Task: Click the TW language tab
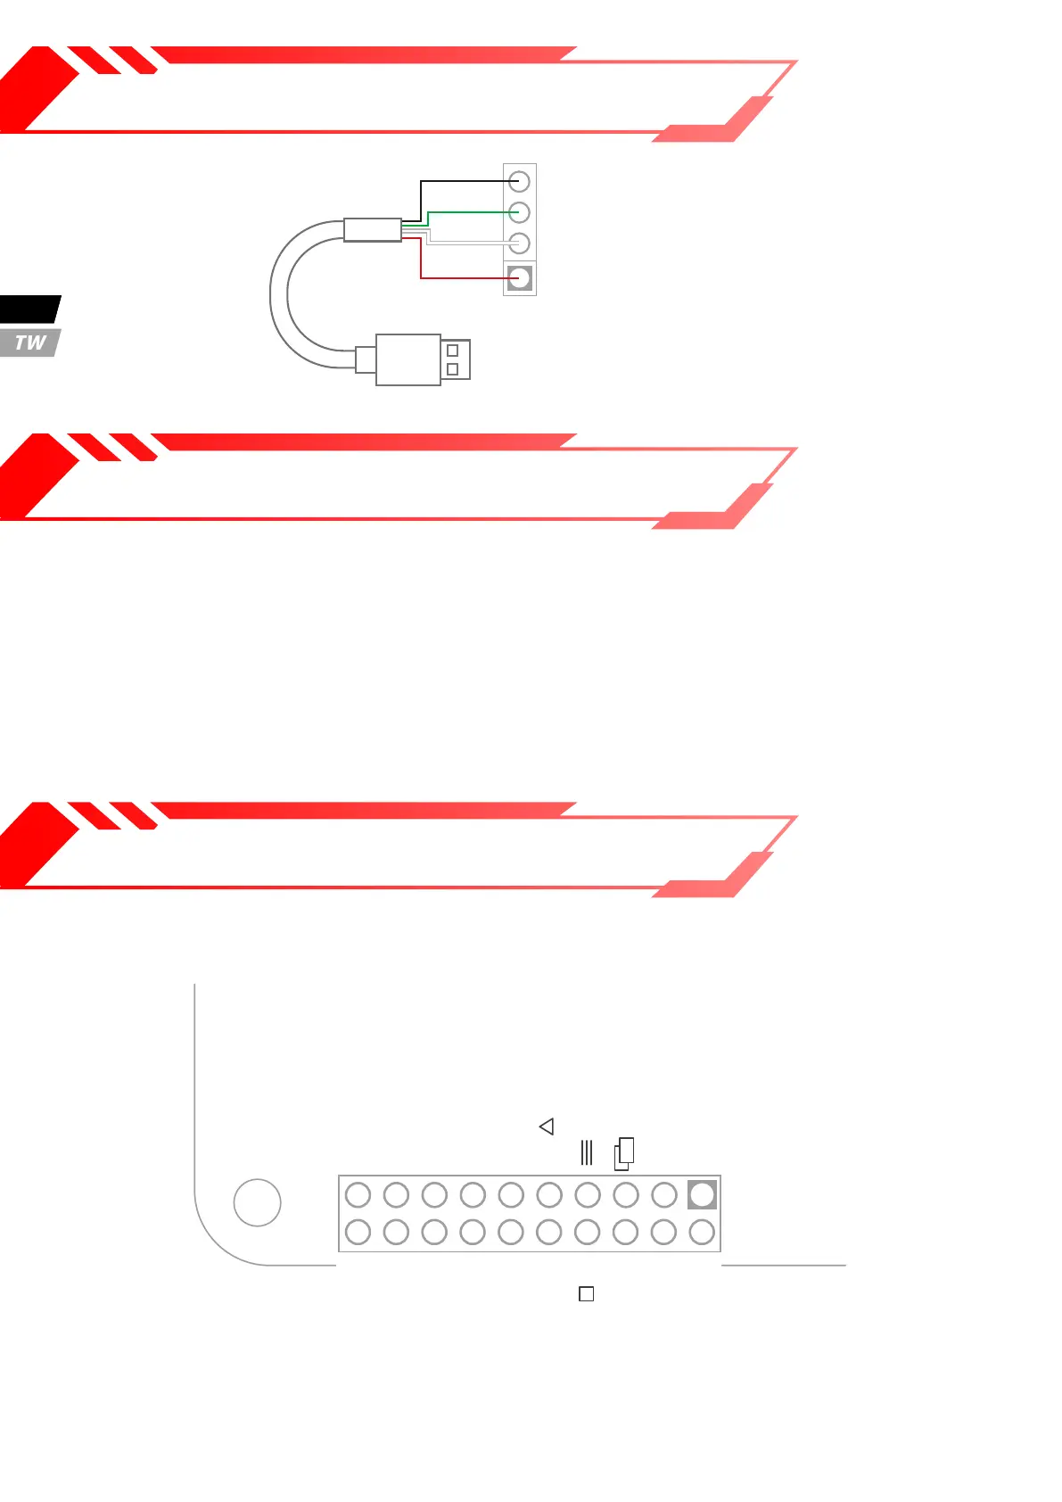[x=30, y=342]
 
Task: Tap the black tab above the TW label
[x=29, y=309]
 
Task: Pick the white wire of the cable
[x=468, y=243]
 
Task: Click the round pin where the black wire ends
[x=519, y=182]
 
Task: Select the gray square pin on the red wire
[x=519, y=277]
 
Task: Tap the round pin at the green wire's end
[x=519, y=212]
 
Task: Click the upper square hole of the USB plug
[x=452, y=351]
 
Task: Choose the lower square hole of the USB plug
[x=452, y=369]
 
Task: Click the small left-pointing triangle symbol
[x=547, y=1126]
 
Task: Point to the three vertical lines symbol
[x=586, y=1152]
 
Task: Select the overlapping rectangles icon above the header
[x=624, y=1153]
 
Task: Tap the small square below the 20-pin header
[x=586, y=1293]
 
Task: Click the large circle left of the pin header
[x=257, y=1202]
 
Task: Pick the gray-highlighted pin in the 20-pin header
[x=702, y=1194]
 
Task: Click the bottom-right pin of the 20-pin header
[x=702, y=1232]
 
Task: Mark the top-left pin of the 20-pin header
[x=358, y=1194]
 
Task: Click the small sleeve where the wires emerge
[x=372, y=229]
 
